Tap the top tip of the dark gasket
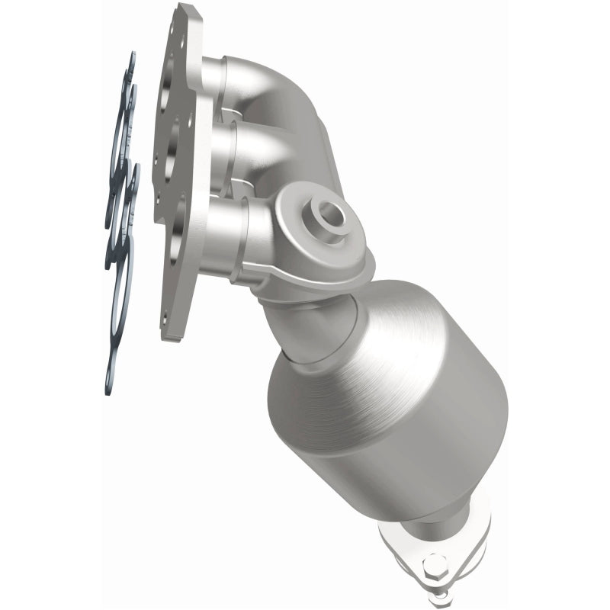coord(131,58)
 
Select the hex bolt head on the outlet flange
coord(432,569)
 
